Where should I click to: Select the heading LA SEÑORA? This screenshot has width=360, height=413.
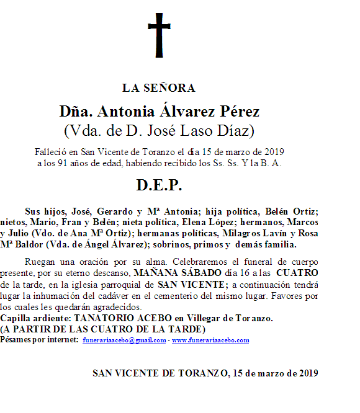[x=159, y=88]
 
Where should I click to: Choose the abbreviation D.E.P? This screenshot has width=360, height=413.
[x=159, y=186]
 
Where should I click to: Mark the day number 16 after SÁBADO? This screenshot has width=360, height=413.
[x=241, y=272]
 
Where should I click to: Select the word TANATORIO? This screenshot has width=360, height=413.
[x=100, y=318]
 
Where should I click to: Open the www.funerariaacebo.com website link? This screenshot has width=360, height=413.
[x=210, y=340]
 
